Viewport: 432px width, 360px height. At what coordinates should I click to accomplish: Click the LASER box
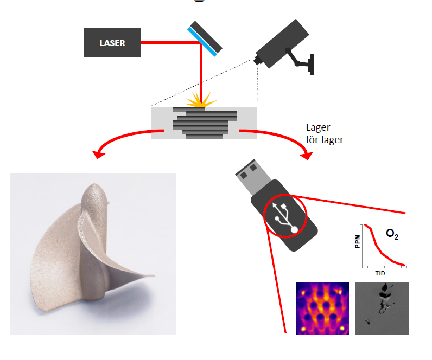coord(112,43)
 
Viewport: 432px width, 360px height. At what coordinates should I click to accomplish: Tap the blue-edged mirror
coord(205,39)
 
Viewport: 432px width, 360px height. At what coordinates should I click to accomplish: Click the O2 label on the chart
coord(392,234)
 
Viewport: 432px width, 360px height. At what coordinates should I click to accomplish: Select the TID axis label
coord(383,274)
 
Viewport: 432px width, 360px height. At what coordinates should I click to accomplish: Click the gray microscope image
coord(382,307)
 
